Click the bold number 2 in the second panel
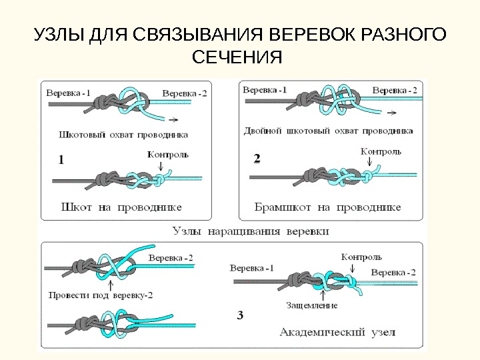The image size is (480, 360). coord(257,159)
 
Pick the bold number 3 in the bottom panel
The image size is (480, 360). coord(239,313)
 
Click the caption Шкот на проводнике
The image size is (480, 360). coord(121,207)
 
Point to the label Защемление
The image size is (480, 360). coord(311,305)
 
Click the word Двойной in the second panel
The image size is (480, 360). coord(264,131)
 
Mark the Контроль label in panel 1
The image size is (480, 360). coord(167,155)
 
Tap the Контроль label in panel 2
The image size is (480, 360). coord(381,151)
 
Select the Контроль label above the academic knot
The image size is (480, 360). coord(361,256)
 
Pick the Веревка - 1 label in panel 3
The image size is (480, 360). coord(251,268)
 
